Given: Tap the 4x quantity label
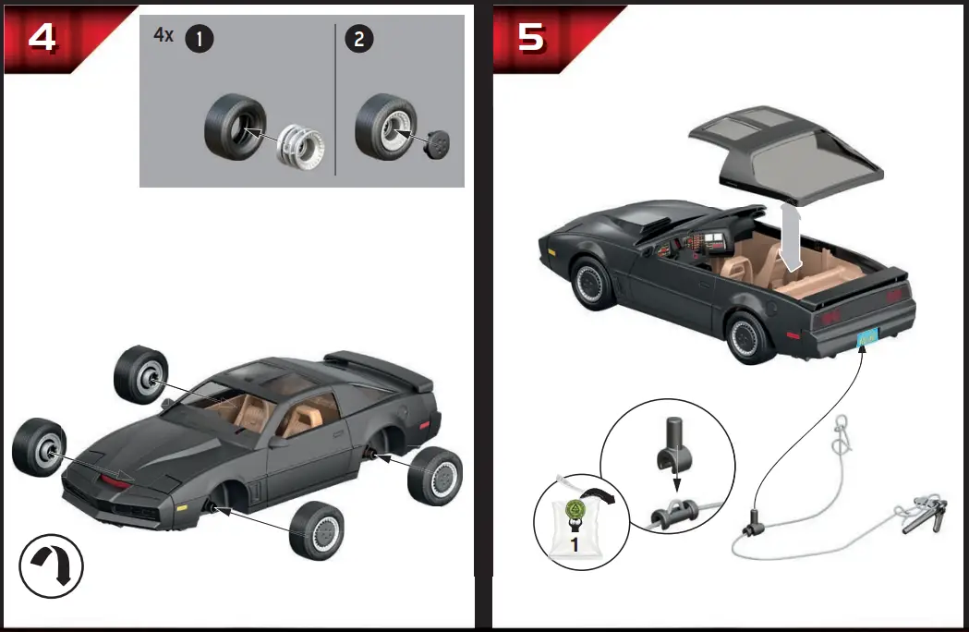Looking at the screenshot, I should click(163, 35).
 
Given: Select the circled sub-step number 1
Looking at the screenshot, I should click(199, 39).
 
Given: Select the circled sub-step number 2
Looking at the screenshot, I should click(359, 39).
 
